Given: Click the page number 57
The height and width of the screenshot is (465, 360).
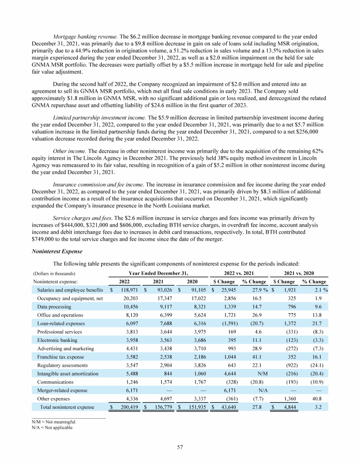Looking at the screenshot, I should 180,447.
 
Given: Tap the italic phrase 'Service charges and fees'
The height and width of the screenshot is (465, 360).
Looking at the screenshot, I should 82,218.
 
